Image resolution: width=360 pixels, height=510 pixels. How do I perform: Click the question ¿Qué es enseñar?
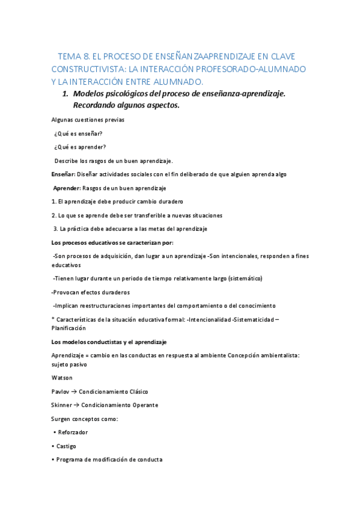click(x=78, y=134)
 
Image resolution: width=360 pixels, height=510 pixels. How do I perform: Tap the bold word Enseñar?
click(x=63, y=174)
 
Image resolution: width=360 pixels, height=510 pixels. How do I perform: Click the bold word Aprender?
click(x=67, y=188)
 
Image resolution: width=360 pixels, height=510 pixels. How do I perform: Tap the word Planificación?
click(x=69, y=328)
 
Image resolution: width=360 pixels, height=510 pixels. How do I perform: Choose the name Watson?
click(x=62, y=378)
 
